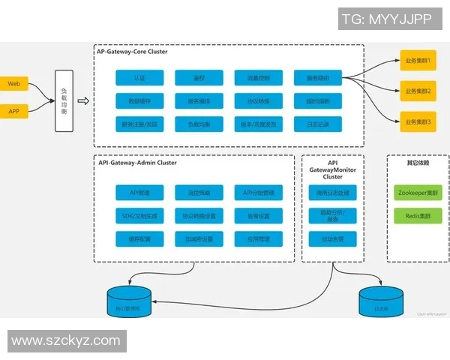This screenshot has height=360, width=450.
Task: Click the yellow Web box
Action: (x=13, y=84)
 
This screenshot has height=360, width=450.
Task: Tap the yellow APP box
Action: (x=13, y=112)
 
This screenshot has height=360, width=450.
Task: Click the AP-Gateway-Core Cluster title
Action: (x=132, y=52)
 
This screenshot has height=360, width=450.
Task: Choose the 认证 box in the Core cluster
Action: (x=139, y=77)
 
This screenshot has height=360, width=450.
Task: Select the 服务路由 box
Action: (x=312, y=77)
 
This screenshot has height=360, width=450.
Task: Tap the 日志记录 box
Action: (x=312, y=123)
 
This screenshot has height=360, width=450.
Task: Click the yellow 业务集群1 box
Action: (x=418, y=60)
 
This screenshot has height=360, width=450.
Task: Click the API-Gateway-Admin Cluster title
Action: (x=137, y=162)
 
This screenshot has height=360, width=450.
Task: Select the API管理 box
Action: (x=139, y=193)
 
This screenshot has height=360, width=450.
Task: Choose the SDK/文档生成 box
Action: (x=139, y=216)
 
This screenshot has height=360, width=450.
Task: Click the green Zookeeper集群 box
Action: (x=413, y=193)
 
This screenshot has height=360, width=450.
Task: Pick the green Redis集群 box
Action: (x=413, y=216)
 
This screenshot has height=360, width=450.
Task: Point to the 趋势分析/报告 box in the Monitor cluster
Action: (x=333, y=216)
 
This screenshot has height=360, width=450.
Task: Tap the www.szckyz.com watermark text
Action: (x=66, y=340)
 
